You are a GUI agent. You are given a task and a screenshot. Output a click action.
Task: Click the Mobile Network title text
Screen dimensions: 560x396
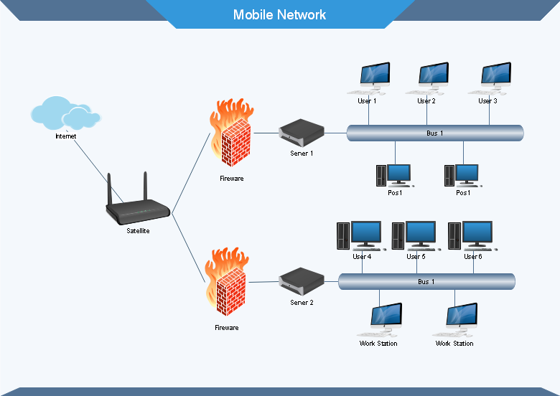click(279, 14)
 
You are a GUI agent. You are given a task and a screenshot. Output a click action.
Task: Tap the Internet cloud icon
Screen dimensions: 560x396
click(65, 113)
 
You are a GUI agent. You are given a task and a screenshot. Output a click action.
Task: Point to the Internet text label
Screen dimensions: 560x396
click(66, 136)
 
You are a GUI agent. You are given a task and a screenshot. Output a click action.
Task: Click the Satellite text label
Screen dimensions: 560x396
click(138, 231)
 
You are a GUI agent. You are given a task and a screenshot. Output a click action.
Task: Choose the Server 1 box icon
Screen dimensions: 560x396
click(302, 133)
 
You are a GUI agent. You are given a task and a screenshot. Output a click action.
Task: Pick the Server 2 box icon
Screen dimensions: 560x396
click(302, 282)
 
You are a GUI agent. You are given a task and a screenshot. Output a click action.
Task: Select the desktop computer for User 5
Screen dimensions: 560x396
click(416, 235)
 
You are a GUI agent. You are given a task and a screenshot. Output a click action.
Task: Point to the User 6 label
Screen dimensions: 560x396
click(473, 257)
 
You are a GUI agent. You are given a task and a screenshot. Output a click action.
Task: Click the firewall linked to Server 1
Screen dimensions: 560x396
click(232, 133)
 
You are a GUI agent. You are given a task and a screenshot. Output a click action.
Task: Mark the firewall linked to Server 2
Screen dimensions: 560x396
click(227, 282)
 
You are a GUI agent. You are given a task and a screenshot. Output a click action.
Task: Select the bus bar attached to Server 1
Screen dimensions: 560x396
click(435, 133)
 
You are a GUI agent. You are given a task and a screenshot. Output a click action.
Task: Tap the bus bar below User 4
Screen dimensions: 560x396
click(426, 281)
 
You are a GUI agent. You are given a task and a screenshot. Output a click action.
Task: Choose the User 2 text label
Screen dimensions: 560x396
click(426, 101)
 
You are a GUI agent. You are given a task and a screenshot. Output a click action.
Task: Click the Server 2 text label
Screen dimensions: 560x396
click(302, 303)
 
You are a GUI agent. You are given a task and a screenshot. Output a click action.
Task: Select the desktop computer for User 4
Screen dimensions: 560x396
click(360, 235)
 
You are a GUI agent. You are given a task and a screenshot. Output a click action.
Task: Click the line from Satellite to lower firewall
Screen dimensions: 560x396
click(189, 248)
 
